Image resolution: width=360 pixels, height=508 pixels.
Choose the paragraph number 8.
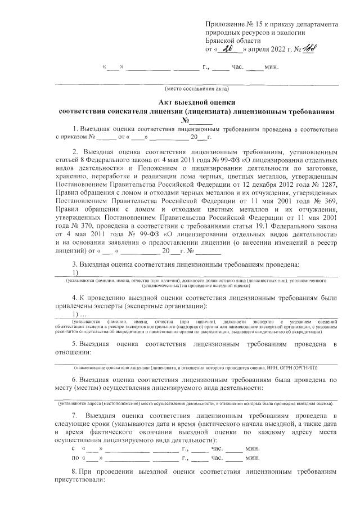click(75, 469)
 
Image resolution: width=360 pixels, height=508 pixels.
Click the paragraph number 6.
click(75, 379)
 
